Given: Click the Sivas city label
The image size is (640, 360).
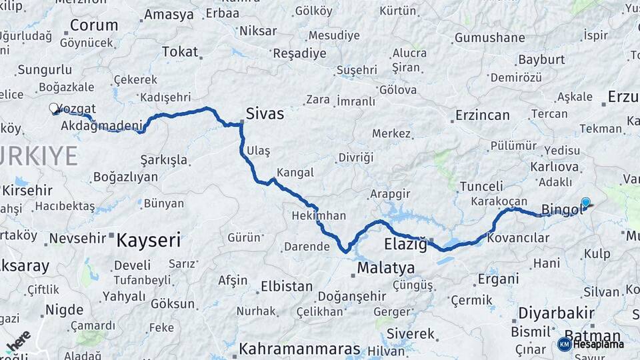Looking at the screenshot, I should tap(265, 114).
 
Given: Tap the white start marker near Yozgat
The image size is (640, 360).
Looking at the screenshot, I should tap(54, 107).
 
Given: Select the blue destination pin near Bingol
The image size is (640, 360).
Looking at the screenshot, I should tap(585, 203).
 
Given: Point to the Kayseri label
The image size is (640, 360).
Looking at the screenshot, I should tap(148, 240).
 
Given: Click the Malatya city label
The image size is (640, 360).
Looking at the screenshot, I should tap(385, 268).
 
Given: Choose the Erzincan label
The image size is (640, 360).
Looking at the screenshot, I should tap(482, 115).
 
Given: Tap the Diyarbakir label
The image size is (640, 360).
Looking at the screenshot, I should tap(557, 313).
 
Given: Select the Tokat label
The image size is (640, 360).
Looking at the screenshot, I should tap(180, 51).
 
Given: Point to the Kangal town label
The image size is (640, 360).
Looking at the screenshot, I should tap(295, 173).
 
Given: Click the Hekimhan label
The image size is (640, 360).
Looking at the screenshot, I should tap(319, 215).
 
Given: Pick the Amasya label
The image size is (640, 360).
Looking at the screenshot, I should tap(169, 15).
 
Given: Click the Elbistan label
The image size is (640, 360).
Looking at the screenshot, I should tap(285, 287).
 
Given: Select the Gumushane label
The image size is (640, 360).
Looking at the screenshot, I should tap(494, 37).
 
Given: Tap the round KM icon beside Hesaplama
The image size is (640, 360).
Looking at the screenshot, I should tap(564, 344).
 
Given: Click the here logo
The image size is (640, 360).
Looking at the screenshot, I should tap(19, 341).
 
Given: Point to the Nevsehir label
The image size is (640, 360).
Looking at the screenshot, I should tap(78, 238).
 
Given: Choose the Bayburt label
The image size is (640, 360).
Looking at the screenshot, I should tap(523, 59).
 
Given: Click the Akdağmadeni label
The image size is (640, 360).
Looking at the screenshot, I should tap(101, 125).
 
